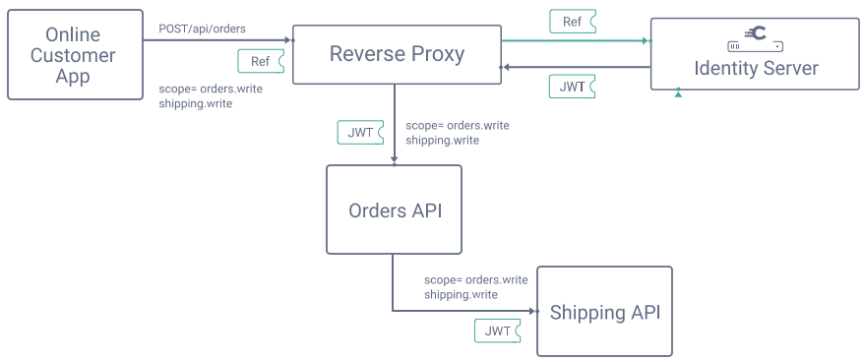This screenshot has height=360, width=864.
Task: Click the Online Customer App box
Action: point(73,54)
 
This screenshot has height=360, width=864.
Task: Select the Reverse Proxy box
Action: point(397,54)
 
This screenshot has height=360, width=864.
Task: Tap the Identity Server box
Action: point(755,54)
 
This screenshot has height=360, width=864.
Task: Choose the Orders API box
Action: point(394,210)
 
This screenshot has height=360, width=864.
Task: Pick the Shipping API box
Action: point(604,312)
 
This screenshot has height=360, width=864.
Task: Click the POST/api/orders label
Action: point(202,29)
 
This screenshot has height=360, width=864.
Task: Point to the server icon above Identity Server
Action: point(755,39)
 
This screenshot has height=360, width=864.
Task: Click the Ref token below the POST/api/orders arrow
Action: point(261,61)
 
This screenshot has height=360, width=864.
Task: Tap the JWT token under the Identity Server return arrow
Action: point(572,87)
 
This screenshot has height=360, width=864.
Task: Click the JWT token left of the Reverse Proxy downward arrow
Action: point(361,132)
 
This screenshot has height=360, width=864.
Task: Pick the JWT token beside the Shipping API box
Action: point(498,330)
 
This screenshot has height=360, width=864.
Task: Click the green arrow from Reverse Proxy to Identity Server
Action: point(576,40)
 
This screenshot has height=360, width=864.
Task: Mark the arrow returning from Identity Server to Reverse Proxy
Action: point(576,67)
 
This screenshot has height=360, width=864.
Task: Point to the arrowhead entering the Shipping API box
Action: point(533,311)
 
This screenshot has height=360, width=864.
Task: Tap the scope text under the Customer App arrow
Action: point(211,96)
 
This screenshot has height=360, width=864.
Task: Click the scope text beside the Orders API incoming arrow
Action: point(458,133)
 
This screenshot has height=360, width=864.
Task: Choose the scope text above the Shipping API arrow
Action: point(476,287)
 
